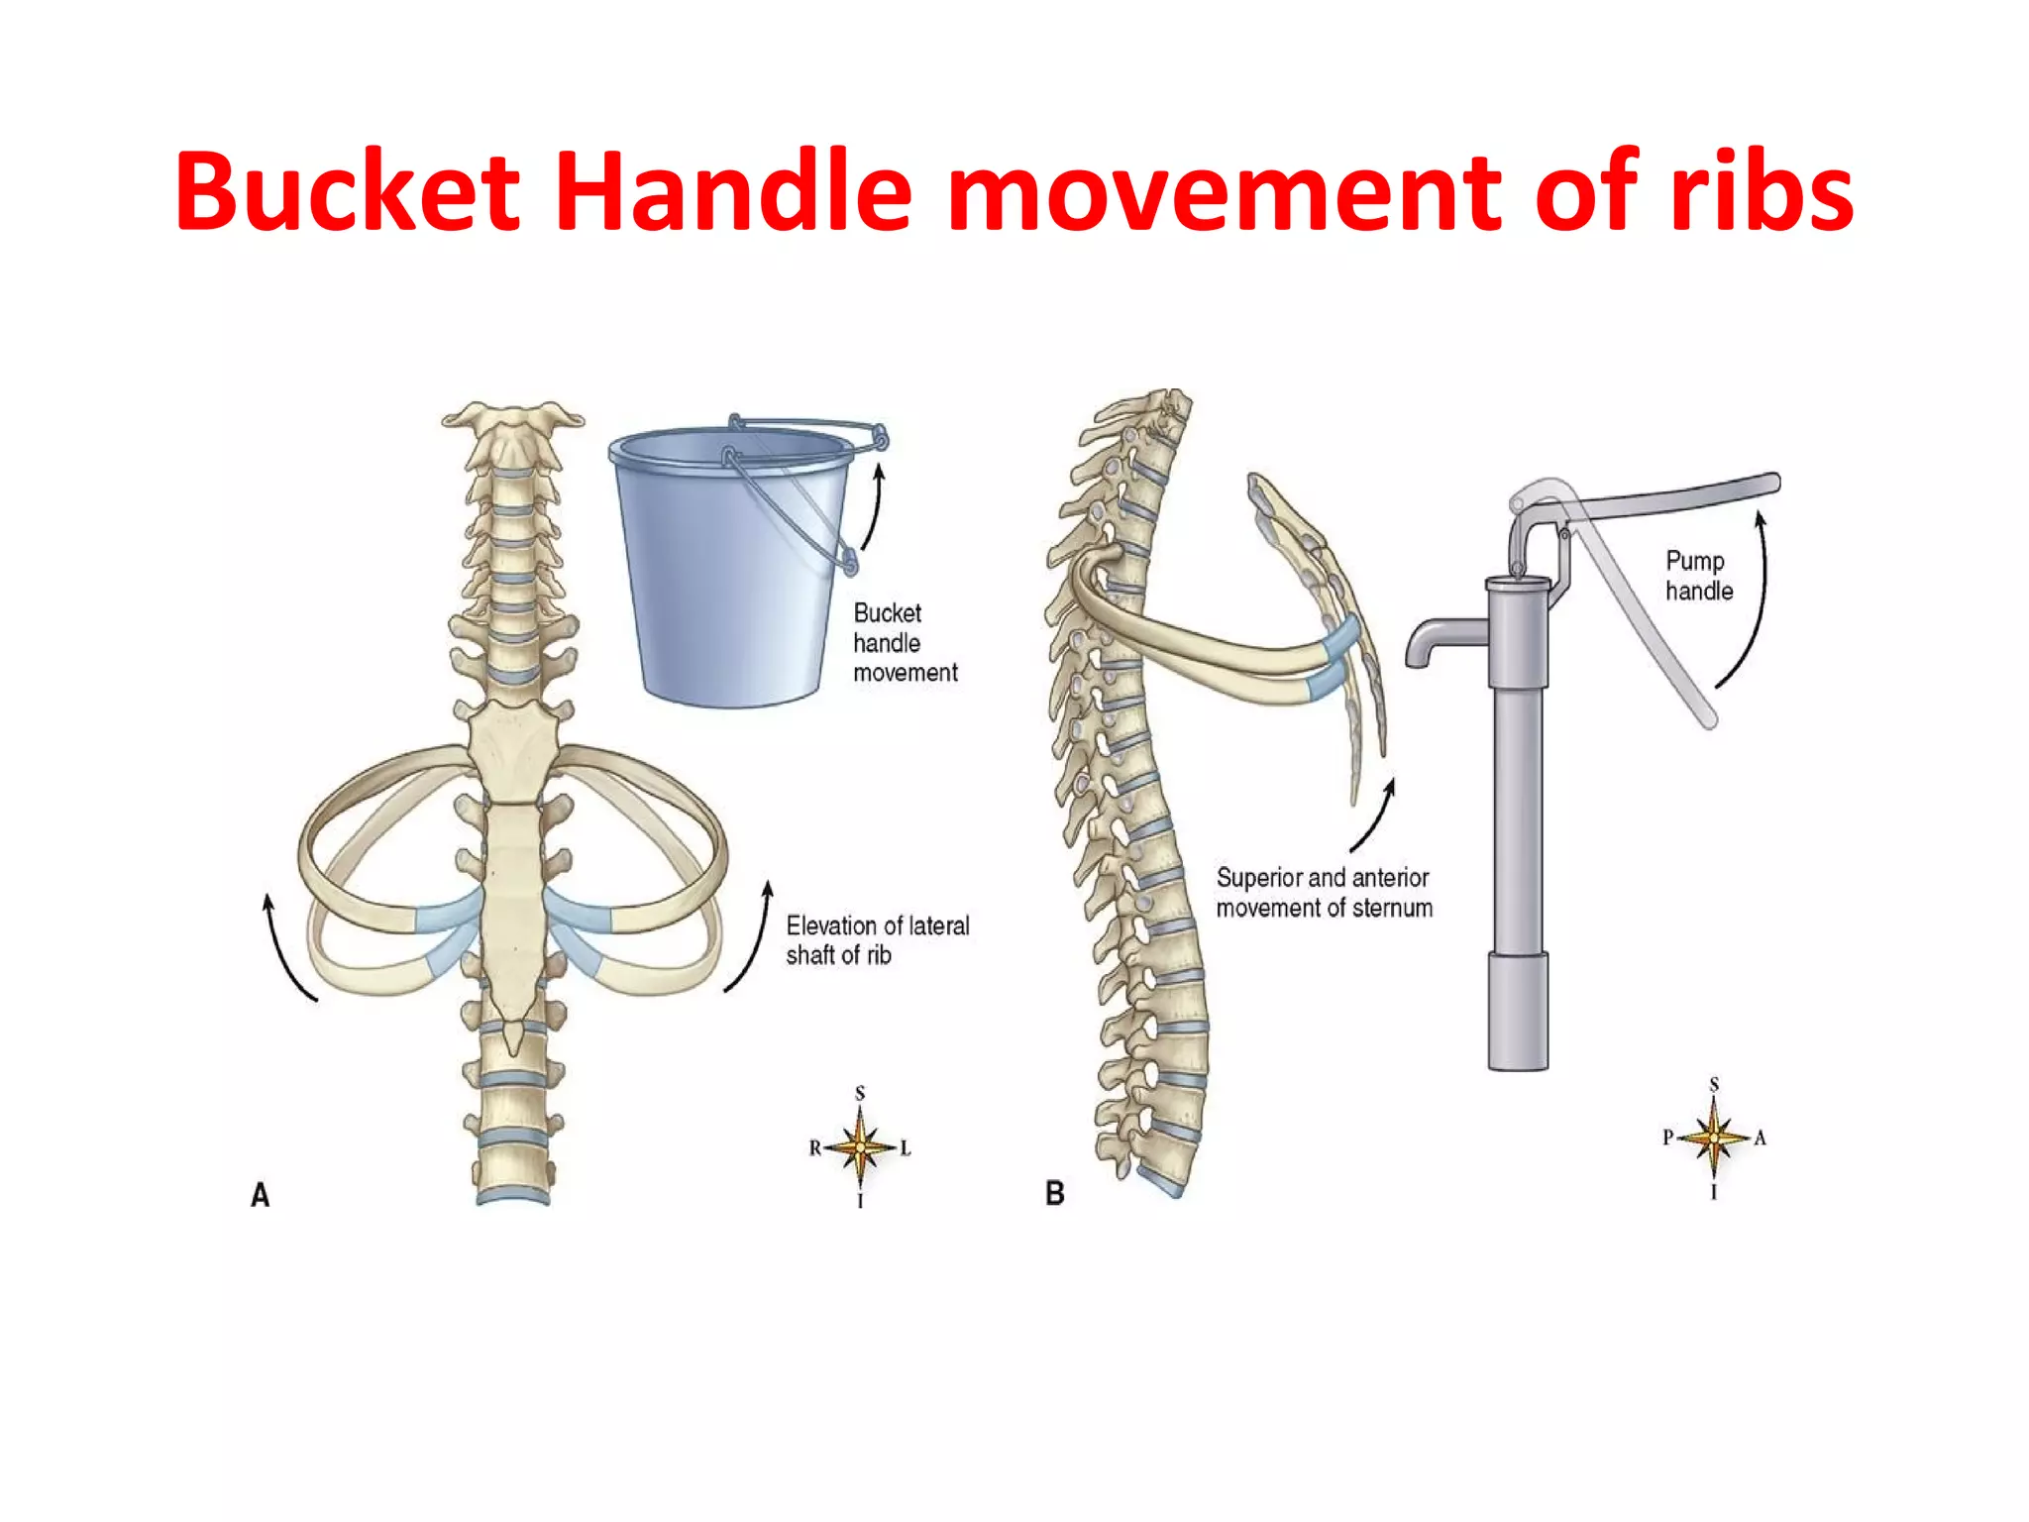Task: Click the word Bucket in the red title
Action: (x=348, y=190)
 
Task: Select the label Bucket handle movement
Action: (x=906, y=643)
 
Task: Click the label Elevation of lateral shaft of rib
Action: (x=878, y=940)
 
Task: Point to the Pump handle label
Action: (x=1699, y=576)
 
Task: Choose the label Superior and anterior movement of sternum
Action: (x=1324, y=893)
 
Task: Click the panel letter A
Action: (x=260, y=1195)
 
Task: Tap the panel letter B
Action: (x=1055, y=1193)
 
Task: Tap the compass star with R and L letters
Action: (x=860, y=1147)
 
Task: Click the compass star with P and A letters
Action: (x=1714, y=1138)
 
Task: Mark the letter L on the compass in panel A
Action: (x=906, y=1148)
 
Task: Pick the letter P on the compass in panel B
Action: (x=1668, y=1138)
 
